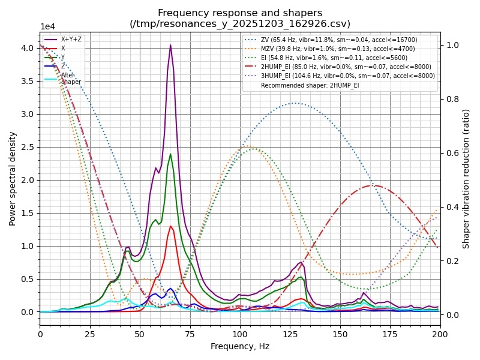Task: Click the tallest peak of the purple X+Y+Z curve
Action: (x=170, y=45)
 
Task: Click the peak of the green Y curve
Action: (x=170, y=154)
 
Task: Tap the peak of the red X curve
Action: (x=171, y=226)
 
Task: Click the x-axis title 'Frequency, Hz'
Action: (x=240, y=347)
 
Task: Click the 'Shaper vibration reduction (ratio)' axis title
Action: (x=466, y=179)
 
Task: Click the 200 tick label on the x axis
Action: (x=440, y=332)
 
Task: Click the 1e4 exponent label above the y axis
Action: (x=49, y=27)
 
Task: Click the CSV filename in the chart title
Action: (x=240, y=24)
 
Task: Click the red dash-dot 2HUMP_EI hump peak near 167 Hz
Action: (x=374, y=185)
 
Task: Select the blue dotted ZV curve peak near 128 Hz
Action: (x=296, y=103)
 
